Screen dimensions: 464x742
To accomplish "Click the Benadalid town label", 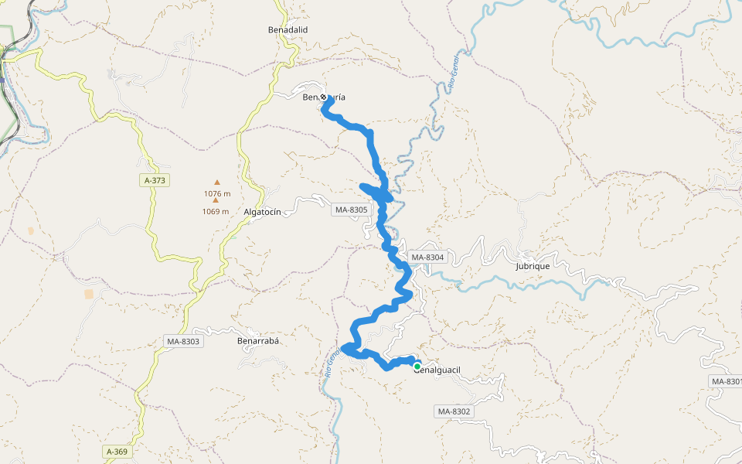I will [x=288, y=29].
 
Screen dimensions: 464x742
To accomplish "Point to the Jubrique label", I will [x=532, y=266].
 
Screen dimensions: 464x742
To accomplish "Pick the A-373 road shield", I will [x=155, y=180].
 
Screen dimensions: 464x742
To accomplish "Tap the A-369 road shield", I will [x=117, y=451].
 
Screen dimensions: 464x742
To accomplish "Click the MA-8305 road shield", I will [x=352, y=210].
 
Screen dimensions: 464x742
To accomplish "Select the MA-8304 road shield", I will [x=427, y=258].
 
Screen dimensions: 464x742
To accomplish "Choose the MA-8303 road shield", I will [x=183, y=341].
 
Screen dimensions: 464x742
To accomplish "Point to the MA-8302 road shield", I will [x=453, y=411].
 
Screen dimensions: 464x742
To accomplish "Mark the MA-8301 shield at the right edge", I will [x=726, y=381].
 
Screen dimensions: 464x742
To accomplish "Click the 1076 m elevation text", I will [x=217, y=193].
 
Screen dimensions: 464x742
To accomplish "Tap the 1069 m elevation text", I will [x=216, y=211].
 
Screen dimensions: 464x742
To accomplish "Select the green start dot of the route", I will [x=417, y=367].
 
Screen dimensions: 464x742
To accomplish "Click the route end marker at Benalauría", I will [x=323, y=97].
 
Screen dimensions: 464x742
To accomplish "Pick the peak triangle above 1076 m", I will [x=217, y=183].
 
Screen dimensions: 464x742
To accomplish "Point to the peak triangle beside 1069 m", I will [x=216, y=201].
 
